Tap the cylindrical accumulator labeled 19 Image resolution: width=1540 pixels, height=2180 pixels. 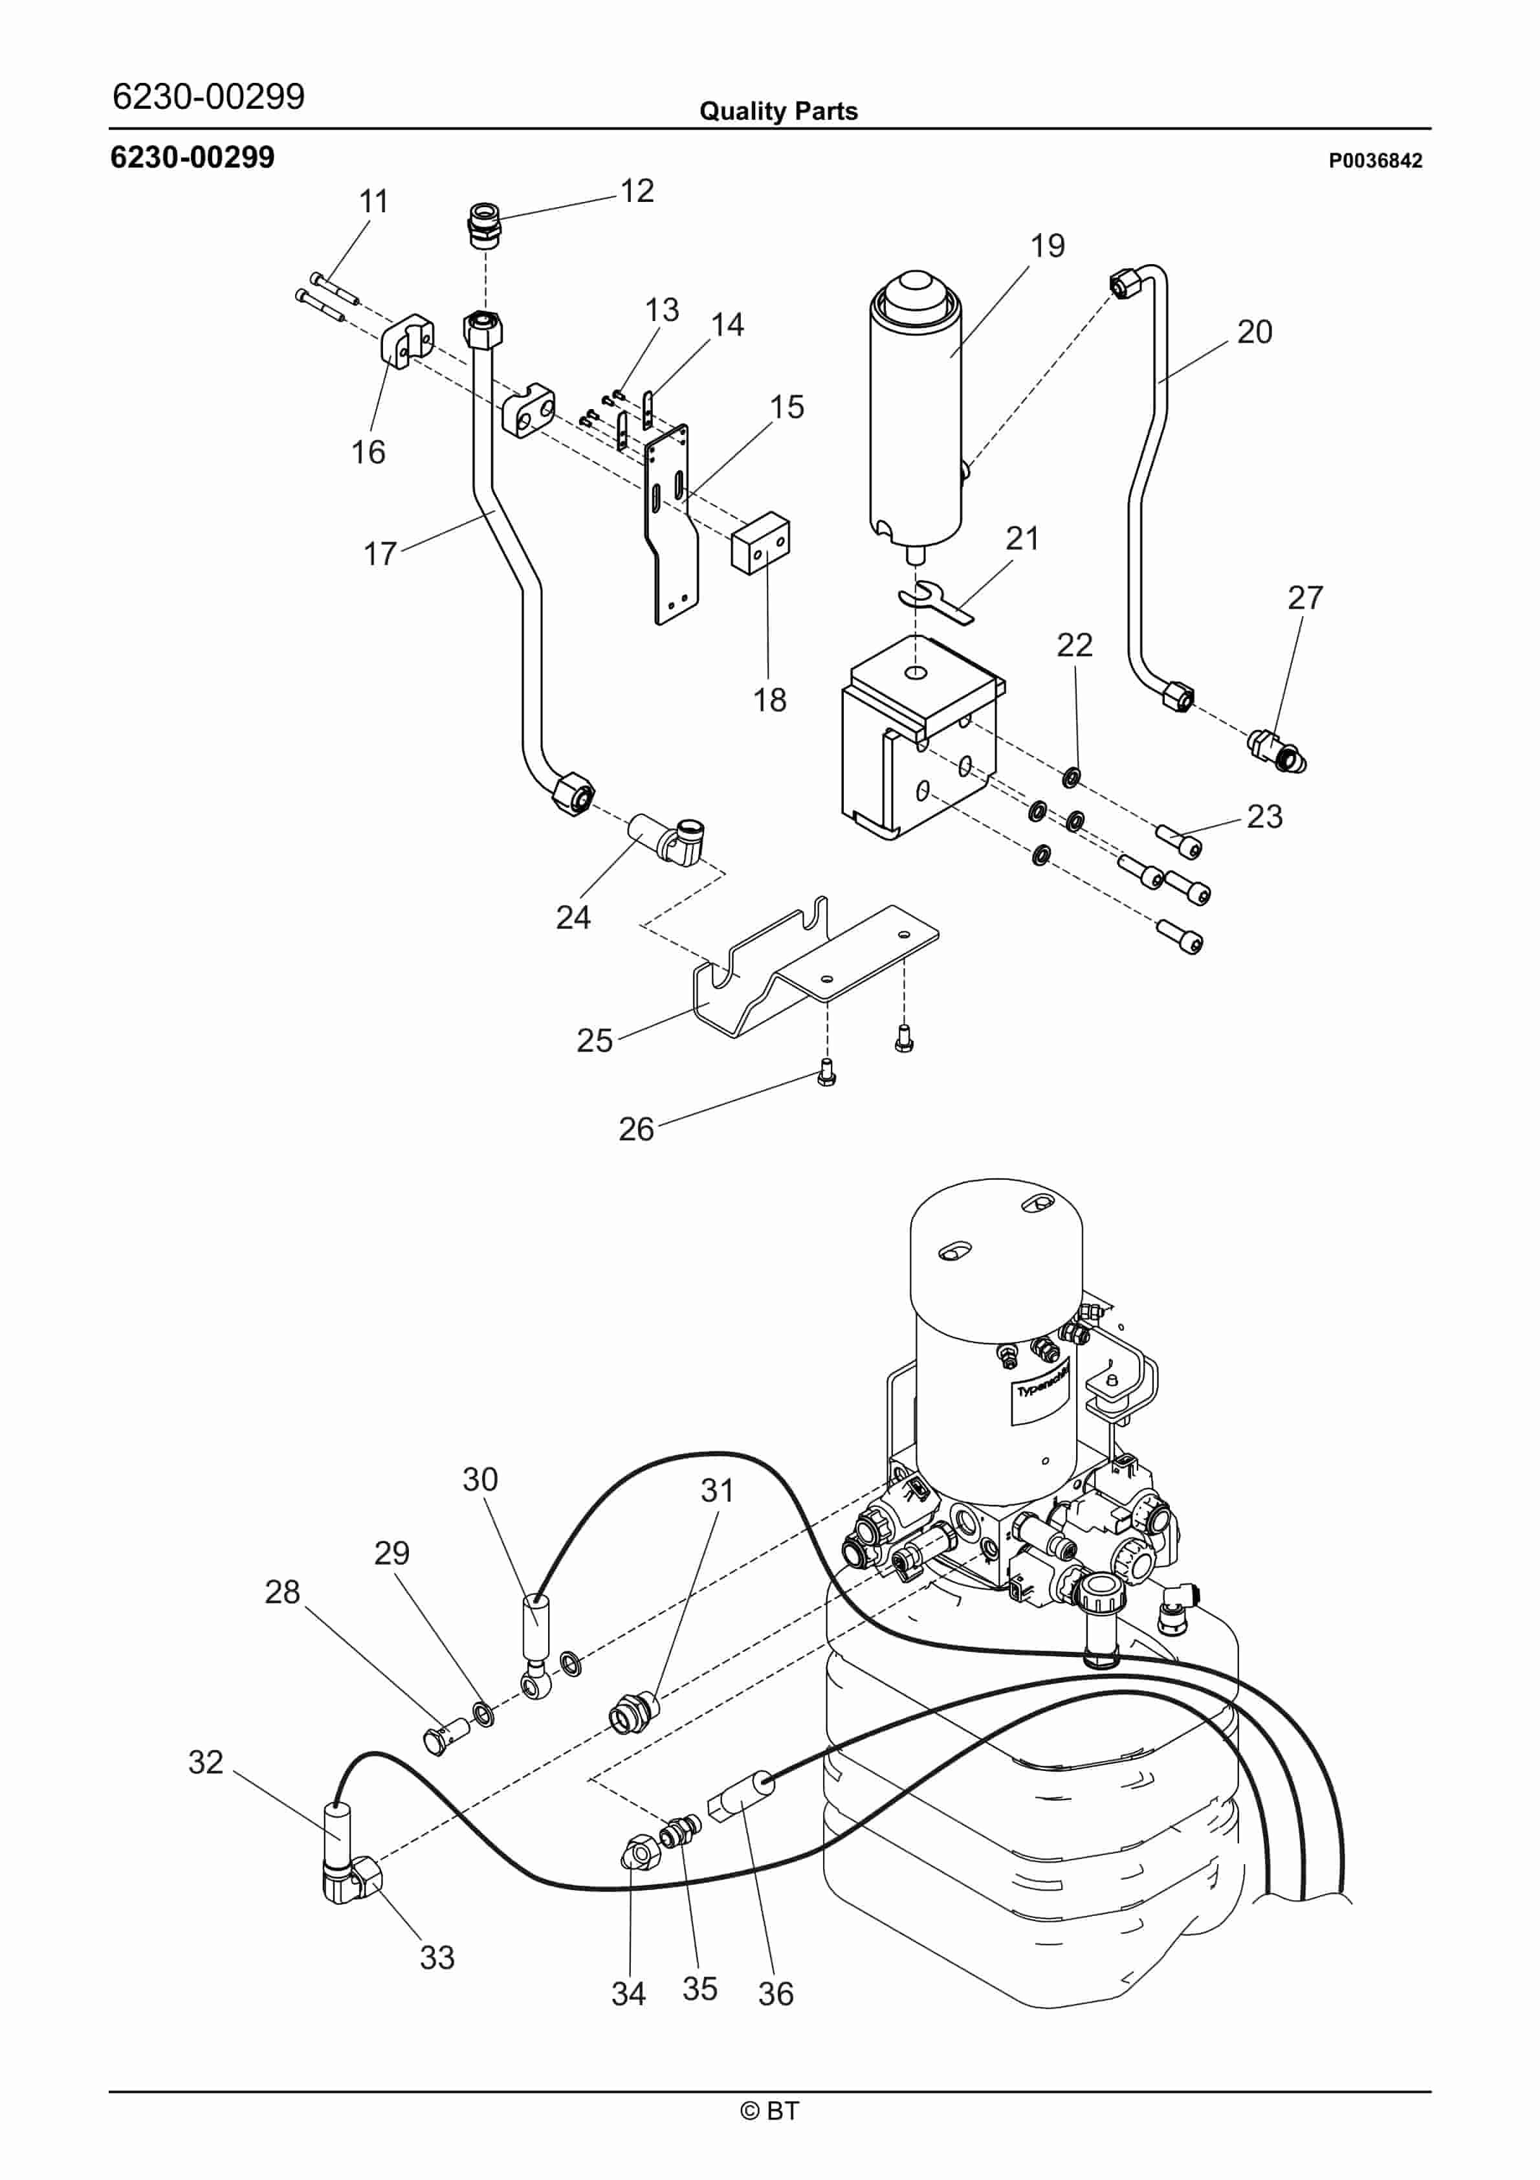(916, 417)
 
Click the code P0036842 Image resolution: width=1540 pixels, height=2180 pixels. (1375, 161)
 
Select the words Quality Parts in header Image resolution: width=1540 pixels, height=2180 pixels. (778, 111)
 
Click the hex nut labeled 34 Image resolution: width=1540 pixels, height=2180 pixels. (637, 1851)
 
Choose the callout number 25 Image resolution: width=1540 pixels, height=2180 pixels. (595, 1041)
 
